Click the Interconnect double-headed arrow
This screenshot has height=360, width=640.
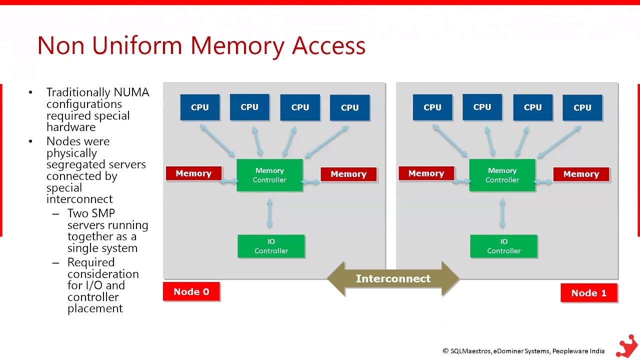point(393,278)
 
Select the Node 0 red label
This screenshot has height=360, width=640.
point(191,291)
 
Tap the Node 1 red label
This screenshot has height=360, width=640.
point(589,292)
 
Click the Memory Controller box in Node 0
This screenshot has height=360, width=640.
point(269,175)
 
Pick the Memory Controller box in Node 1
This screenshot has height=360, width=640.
point(502,175)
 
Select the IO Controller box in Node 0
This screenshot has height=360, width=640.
point(271,246)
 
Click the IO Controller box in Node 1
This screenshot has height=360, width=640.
point(503,246)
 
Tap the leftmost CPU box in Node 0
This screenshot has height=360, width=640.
point(199,107)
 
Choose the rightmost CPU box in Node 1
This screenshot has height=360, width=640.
point(582,107)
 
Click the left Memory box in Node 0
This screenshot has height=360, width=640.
point(193,173)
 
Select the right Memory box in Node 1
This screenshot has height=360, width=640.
point(581,173)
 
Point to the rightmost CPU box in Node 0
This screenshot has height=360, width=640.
point(349,107)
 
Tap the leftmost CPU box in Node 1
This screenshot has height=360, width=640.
point(432,107)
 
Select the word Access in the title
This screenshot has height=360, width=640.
point(328,45)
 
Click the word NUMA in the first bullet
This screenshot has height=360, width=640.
point(131,92)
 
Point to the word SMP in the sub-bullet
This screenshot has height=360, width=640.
point(104,213)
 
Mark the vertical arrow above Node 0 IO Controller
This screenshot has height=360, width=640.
point(269,213)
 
